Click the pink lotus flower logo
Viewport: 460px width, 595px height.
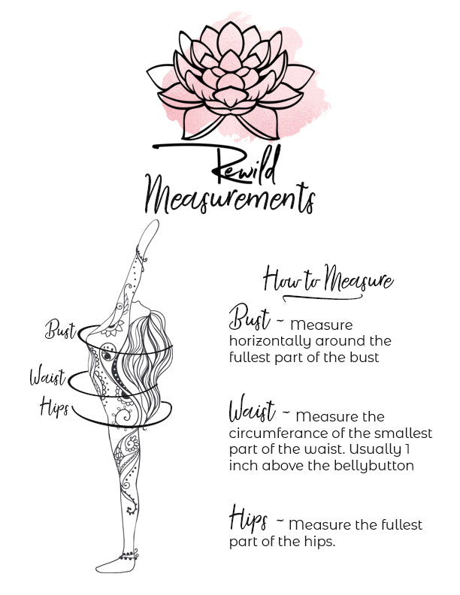(x=231, y=80)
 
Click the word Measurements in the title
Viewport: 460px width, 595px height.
(x=229, y=195)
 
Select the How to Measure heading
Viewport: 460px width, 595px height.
(x=328, y=280)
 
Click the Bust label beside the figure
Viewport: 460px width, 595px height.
(x=61, y=329)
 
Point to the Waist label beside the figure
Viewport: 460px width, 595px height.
(x=48, y=376)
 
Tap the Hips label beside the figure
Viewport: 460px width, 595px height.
(x=54, y=406)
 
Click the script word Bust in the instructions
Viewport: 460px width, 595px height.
(x=250, y=318)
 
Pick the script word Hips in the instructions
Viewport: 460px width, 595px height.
(x=248, y=518)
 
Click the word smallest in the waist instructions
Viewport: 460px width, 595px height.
(x=403, y=433)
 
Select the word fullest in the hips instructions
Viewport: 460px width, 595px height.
(x=401, y=524)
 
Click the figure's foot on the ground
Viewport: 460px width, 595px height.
(x=115, y=565)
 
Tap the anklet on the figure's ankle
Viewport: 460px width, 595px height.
(x=129, y=555)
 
